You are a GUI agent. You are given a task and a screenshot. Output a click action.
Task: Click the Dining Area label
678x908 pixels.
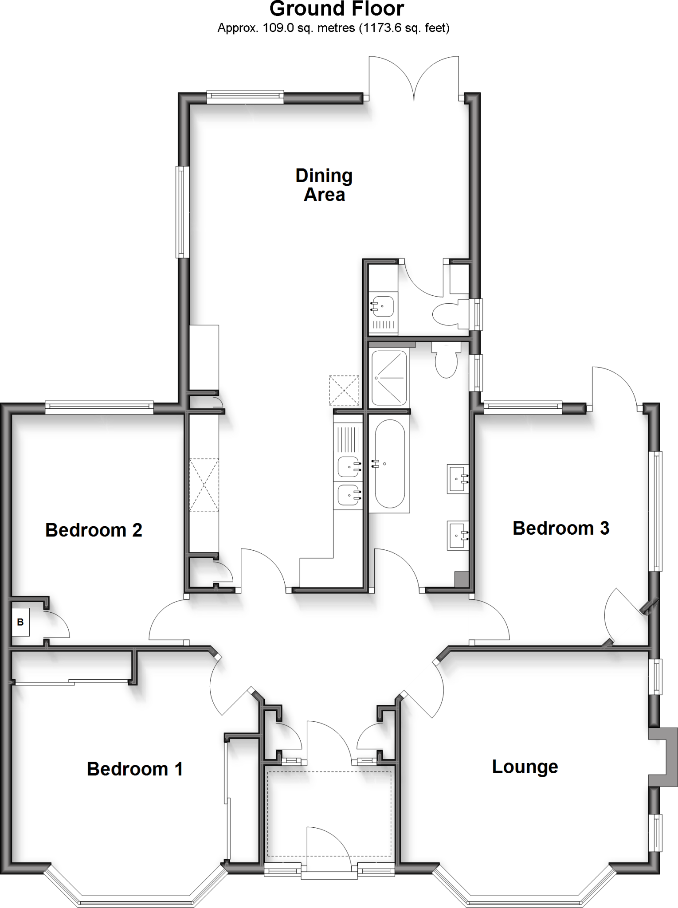tap(324, 185)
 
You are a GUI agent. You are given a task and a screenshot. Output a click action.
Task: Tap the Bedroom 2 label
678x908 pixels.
tap(94, 530)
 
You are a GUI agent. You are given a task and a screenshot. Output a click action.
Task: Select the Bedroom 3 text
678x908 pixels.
tap(560, 528)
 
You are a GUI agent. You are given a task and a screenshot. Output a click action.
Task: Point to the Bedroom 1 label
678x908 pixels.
tap(135, 769)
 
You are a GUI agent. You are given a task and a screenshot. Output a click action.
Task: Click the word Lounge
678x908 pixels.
tap(525, 767)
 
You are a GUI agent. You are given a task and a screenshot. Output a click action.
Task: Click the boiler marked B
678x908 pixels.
tap(20, 622)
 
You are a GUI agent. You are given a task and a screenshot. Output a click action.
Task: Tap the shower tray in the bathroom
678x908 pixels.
tap(389, 378)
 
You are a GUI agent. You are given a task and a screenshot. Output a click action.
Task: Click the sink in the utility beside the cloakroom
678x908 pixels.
tap(383, 306)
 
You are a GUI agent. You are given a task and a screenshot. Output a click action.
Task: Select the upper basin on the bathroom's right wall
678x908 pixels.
tap(457, 479)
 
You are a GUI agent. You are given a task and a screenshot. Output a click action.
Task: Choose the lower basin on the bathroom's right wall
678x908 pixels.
tap(457, 535)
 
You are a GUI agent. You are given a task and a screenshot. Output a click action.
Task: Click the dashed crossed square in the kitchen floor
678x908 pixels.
tap(344, 390)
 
